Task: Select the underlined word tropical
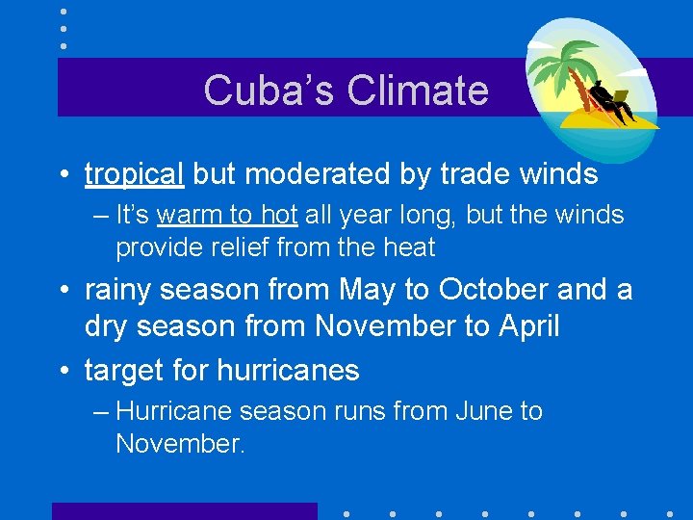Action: point(135,174)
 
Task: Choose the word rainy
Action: point(122,290)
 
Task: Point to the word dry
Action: point(109,326)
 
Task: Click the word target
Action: point(124,371)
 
